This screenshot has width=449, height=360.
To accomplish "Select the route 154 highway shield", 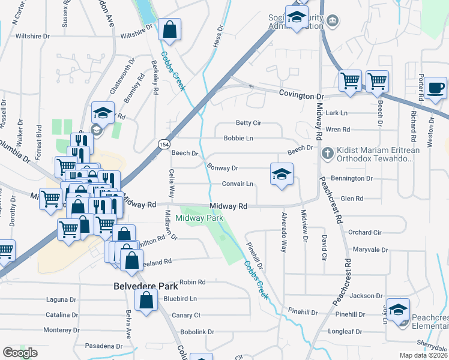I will (163, 145).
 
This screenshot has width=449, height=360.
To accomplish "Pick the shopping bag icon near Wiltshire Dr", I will (170, 29).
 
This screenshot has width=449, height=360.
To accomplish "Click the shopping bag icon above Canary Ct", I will (146, 300).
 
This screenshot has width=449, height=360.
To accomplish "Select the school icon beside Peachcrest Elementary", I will (398, 310).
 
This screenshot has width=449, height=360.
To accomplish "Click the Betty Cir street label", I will (248, 123).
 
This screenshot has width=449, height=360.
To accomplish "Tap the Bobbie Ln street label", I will (238, 138).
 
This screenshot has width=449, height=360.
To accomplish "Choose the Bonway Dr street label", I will (223, 168).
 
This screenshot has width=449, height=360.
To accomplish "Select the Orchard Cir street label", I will (365, 232).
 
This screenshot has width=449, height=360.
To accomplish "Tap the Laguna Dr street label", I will (62, 299).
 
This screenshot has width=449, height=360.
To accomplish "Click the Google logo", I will (20, 353).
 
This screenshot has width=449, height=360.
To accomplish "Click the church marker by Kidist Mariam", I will (328, 152).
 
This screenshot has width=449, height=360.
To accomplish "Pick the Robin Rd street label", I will (192, 281).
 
